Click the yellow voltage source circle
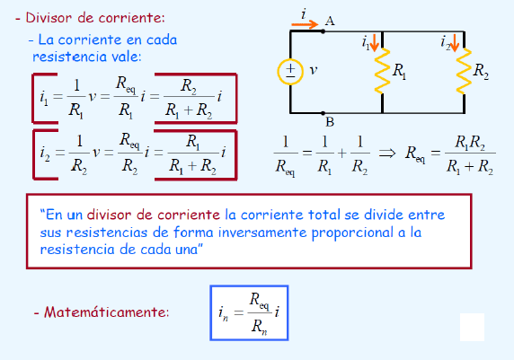coord(278,72)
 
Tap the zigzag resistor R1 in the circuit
coord(382,71)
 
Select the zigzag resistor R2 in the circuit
coord(464,71)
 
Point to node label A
coord(330,22)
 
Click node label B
coord(330,122)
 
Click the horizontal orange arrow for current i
coord(305,24)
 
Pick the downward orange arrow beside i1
coord(375,42)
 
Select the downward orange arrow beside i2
coord(455,42)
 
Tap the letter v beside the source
coord(314,70)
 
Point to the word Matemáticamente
coord(107,312)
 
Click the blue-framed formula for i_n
coord(249,312)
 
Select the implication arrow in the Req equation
coord(387,153)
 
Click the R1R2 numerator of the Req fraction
coord(470,143)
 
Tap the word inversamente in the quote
coord(262,233)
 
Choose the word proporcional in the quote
coord(352,233)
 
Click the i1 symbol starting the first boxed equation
coord(44,98)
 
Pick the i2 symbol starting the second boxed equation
coord(45,154)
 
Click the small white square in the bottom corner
coord(472,327)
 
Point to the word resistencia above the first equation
coord(69,57)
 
